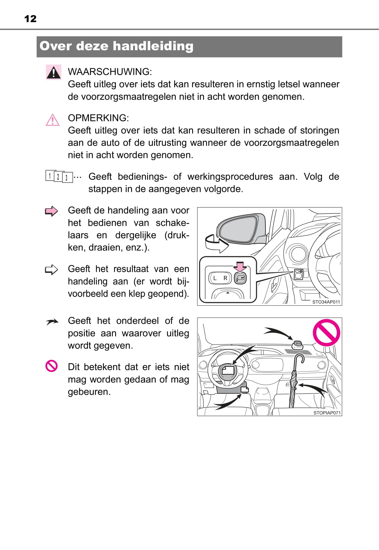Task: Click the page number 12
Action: point(31,19)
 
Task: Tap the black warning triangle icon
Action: point(53,72)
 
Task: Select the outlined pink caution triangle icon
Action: point(52,120)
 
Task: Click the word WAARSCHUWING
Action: point(110,71)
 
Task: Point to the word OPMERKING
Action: point(98,118)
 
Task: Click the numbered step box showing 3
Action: point(67,178)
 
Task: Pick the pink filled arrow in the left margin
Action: point(51,211)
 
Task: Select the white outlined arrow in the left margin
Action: point(51,270)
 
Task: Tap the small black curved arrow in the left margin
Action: point(52,322)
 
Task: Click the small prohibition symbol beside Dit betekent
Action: point(51,366)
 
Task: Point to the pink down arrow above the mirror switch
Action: point(240,266)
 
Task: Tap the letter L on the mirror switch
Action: point(215,278)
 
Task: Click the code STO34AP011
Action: point(326,302)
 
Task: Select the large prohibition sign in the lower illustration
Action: point(326,333)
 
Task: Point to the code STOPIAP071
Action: point(327,413)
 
